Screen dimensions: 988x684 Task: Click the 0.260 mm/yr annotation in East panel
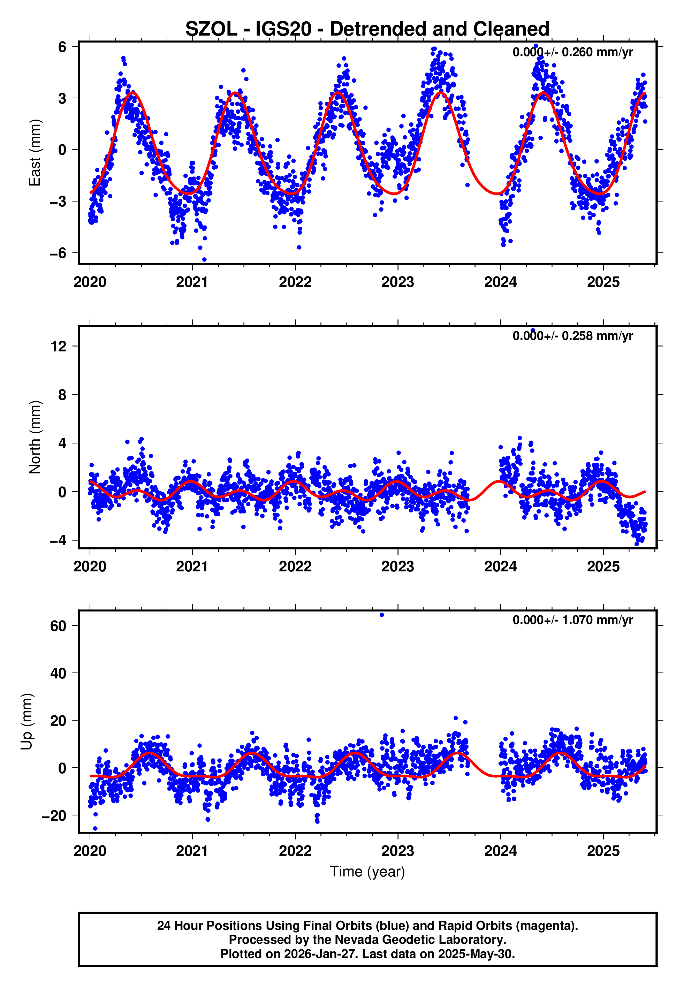(x=572, y=52)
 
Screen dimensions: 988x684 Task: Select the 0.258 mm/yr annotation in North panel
(x=572, y=336)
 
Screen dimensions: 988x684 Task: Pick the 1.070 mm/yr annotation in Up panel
(x=572, y=620)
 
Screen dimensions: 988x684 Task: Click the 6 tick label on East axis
(x=62, y=47)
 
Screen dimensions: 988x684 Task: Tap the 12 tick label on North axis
(x=59, y=346)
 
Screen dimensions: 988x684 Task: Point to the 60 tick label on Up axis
(x=59, y=626)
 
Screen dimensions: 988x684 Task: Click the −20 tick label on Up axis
(x=54, y=816)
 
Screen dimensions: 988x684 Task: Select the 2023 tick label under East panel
(x=398, y=282)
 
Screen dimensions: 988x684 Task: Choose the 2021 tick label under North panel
(x=192, y=567)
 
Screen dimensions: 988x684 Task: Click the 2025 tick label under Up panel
(x=603, y=851)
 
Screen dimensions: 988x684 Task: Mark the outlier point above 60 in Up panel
(x=382, y=615)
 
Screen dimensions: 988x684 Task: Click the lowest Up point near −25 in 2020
(x=95, y=829)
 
